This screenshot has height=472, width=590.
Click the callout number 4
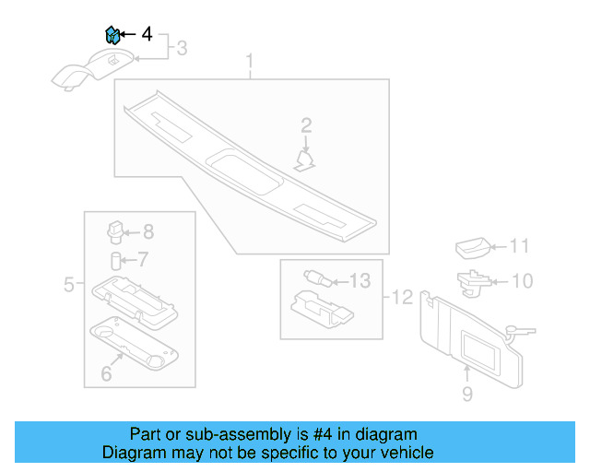[147, 35]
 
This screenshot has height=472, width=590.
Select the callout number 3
[182, 48]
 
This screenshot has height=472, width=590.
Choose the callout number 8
[147, 232]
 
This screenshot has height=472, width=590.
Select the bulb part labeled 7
[117, 259]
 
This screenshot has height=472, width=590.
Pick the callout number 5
[69, 285]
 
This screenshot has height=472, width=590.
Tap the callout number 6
[106, 373]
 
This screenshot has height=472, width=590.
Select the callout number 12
[403, 297]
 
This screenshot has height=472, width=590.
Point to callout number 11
[521, 246]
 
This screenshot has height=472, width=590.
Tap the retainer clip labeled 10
[473, 282]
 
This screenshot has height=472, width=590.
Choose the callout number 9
[466, 395]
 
